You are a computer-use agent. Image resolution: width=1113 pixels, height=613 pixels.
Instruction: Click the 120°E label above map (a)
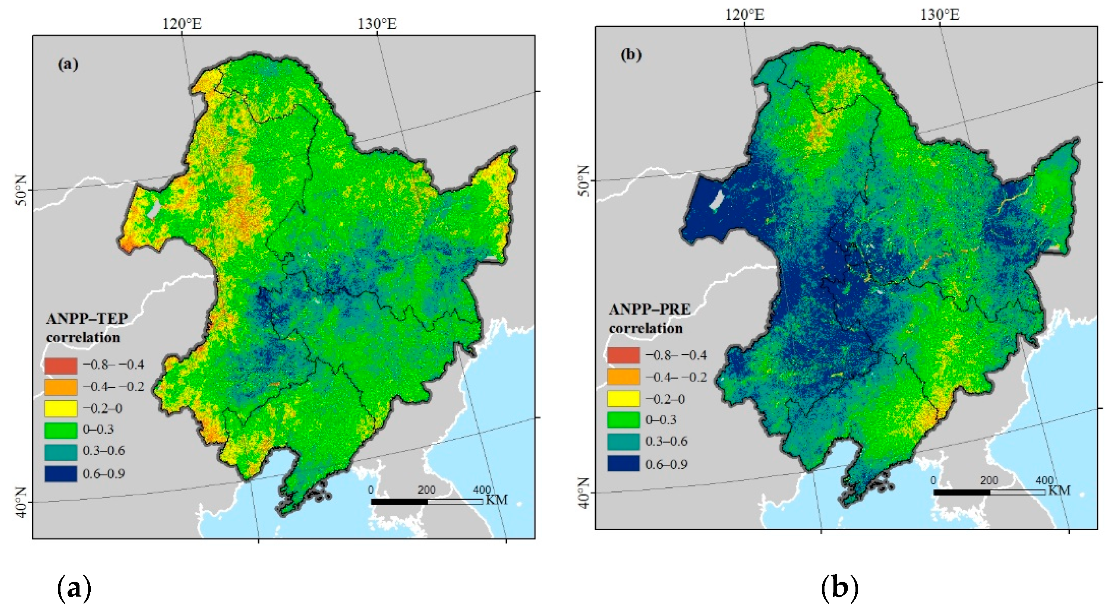(x=182, y=24)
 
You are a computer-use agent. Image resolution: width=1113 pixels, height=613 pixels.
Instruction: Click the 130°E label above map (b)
(x=939, y=15)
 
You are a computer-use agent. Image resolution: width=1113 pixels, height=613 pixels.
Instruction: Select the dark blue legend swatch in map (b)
(x=623, y=463)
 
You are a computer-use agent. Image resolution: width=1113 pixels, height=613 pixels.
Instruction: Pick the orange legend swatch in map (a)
(x=61, y=387)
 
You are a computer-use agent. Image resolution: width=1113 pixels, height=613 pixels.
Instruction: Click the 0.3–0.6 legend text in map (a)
(x=104, y=451)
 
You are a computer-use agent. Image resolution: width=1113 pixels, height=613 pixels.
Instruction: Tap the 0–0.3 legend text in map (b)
(x=661, y=419)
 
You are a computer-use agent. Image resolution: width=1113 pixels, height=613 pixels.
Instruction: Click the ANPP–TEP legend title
(x=87, y=318)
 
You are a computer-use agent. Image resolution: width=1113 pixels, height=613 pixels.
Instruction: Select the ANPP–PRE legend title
(x=649, y=309)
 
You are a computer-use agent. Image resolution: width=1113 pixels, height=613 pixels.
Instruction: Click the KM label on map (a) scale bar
(x=496, y=500)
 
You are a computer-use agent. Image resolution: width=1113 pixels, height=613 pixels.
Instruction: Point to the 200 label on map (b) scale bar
(x=989, y=481)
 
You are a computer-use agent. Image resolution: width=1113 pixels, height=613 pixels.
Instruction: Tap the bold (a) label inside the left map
(x=68, y=65)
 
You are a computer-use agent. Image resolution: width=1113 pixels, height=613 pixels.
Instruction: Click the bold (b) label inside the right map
(x=631, y=55)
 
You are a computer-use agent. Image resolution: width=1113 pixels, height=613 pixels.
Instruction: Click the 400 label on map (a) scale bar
(x=482, y=490)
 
